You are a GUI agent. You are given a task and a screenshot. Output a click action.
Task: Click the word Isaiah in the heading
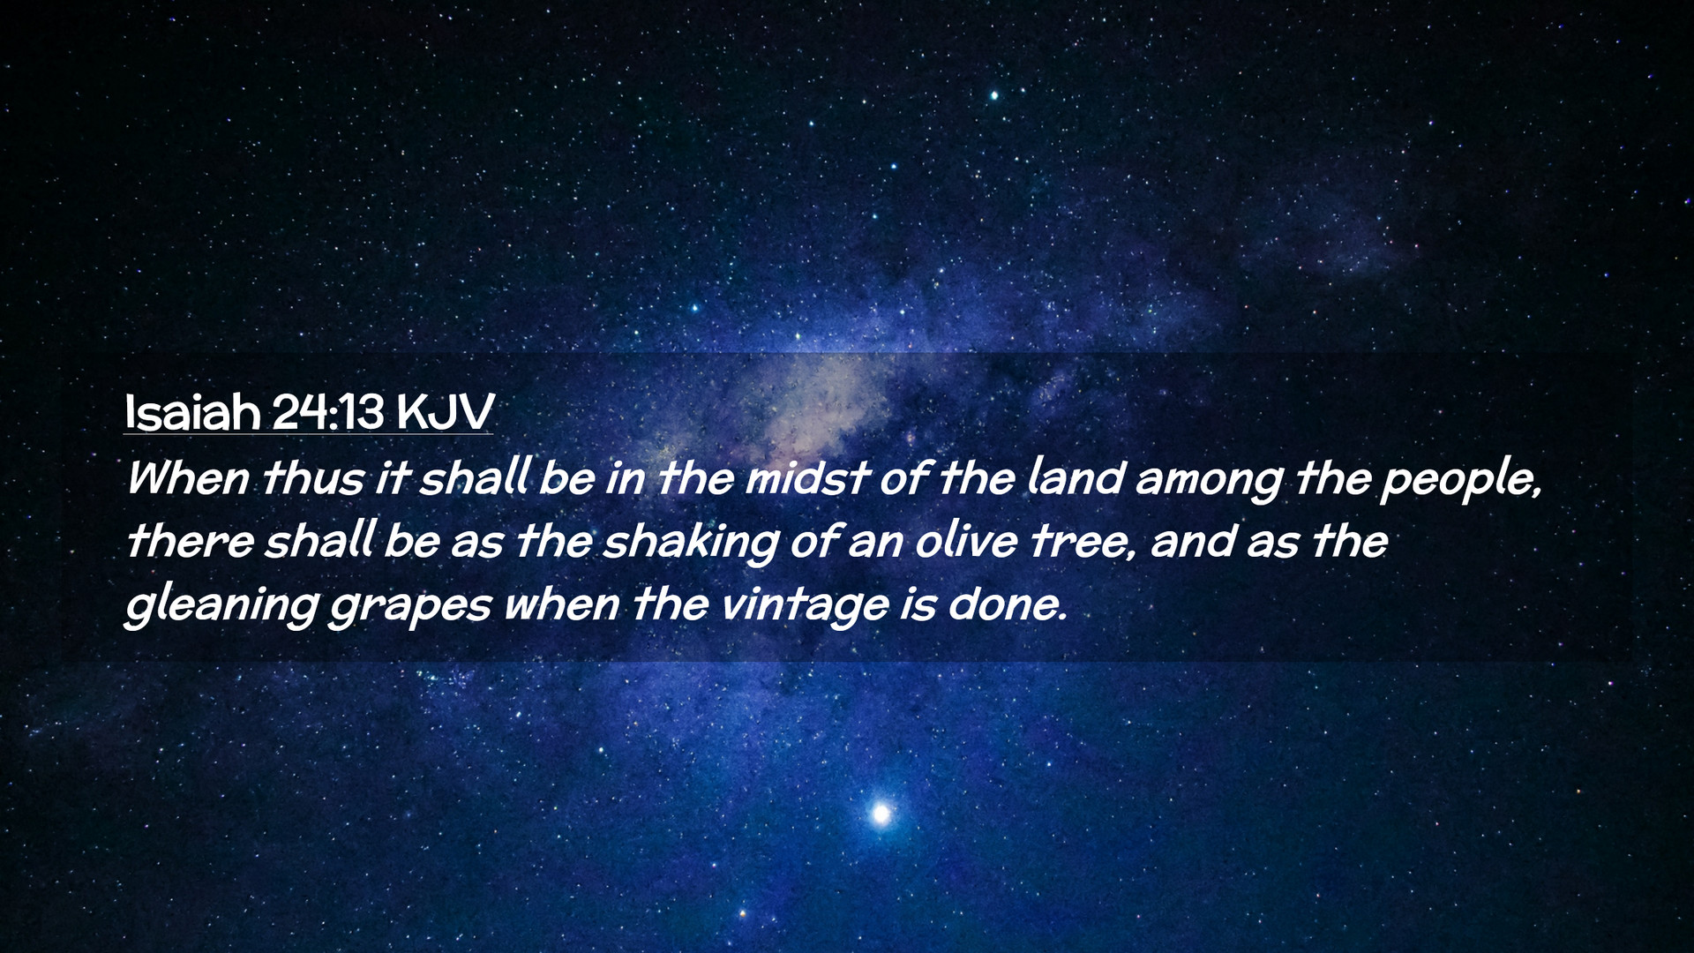click(x=192, y=411)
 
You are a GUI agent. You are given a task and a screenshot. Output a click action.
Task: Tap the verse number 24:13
click(x=328, y=412)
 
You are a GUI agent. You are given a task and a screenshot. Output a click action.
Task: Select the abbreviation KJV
click(x=445, y=412)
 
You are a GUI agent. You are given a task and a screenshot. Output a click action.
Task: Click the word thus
click(x=313, y=478)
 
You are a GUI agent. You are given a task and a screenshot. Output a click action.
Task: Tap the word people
click(x=1460, y=482)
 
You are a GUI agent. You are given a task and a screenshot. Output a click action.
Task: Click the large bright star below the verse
click(x=881, y=813)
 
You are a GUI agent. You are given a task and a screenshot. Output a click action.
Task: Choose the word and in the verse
click(x=1193, y=541)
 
